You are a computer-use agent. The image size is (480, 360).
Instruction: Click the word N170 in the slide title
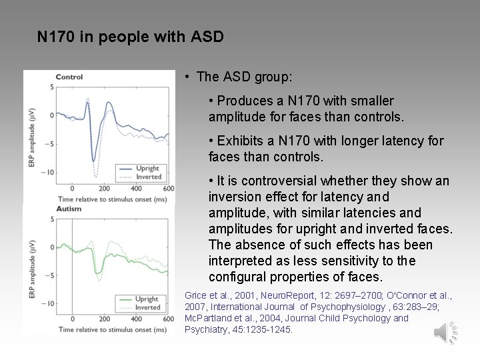click(56, 36)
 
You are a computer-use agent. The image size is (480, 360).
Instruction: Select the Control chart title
click(69, 77)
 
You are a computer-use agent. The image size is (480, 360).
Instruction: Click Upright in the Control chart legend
click(148, 169)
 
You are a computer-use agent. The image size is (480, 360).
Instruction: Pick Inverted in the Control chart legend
click(148, 177)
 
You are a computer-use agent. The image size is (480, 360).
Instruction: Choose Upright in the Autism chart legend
click(147, 299)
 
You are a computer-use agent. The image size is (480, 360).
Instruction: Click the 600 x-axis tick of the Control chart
click(168, 189)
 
